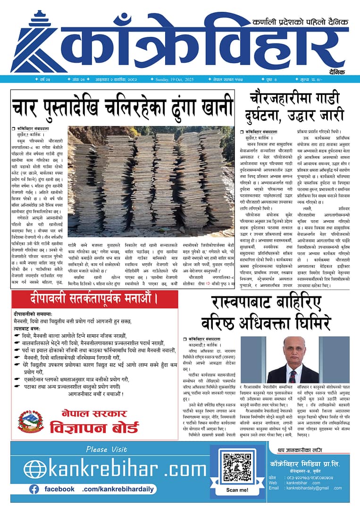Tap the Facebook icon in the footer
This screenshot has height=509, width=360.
(x=34, y=489)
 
